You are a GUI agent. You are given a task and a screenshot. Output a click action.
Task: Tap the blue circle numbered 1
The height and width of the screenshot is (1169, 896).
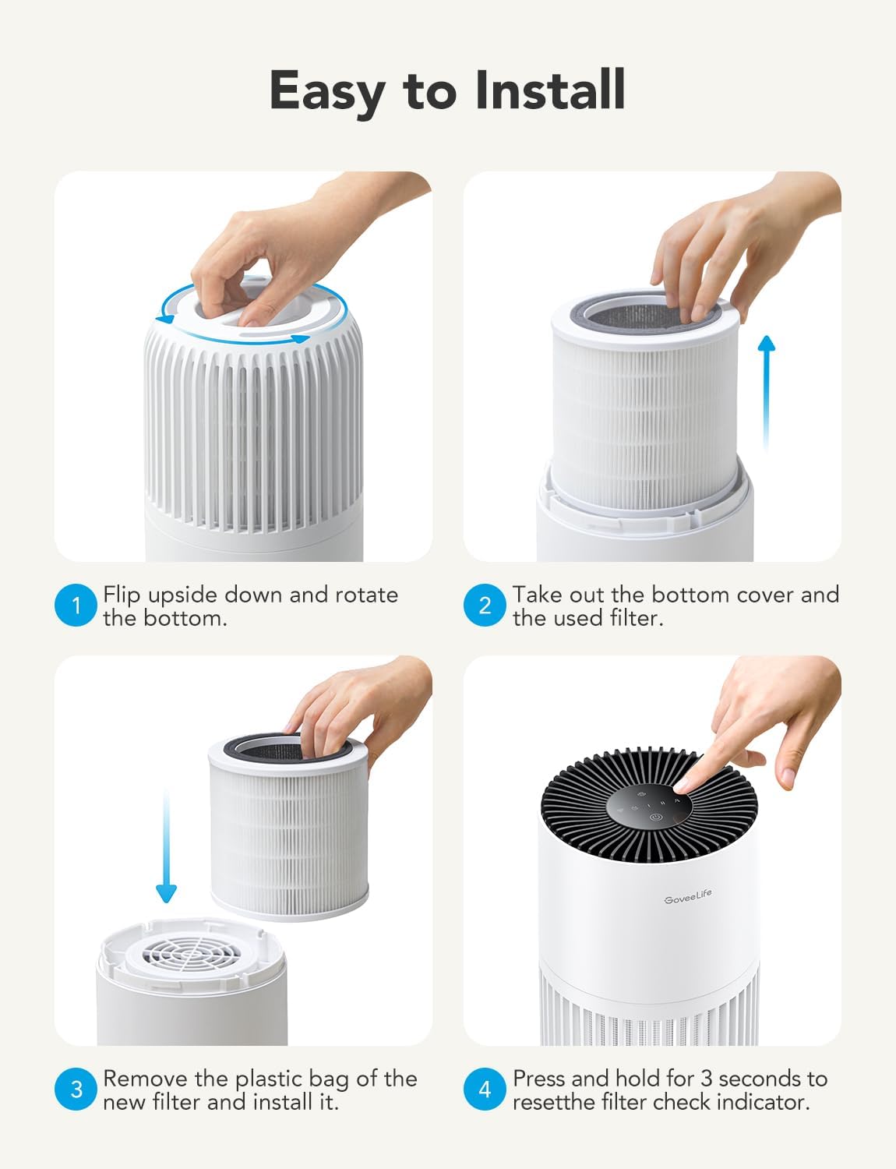pyautogui.click(x=76, y=606)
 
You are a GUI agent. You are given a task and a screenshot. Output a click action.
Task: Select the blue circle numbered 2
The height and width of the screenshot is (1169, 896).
pyautogui.click(x=485, y=606)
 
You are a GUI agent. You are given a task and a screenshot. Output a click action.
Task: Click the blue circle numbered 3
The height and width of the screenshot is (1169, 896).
pyautogui.click(x=76, y=1089)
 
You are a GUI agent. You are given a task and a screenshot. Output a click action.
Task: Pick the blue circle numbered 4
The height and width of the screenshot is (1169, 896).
pyautogui.click(x=485, y=1089)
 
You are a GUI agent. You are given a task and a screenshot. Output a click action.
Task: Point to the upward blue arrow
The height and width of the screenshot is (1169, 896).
pyautogui.click(x=767, y=390)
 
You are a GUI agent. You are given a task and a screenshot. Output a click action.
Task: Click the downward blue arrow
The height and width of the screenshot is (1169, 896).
pyautogui.click(x=166, y=849)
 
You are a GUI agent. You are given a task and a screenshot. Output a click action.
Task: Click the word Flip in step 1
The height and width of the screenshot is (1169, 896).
pyautogui.click(x=122, y=595)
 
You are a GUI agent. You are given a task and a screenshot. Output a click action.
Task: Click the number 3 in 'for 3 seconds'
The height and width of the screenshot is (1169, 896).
pyautogui.click(x=706, y=1079)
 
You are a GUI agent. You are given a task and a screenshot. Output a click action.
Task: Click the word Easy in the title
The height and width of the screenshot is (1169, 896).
pyautogui.click(x=326, y=90)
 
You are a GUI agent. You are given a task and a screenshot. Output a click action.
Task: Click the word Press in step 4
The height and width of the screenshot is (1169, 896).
pyautogui.click(x=538, y=1079)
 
